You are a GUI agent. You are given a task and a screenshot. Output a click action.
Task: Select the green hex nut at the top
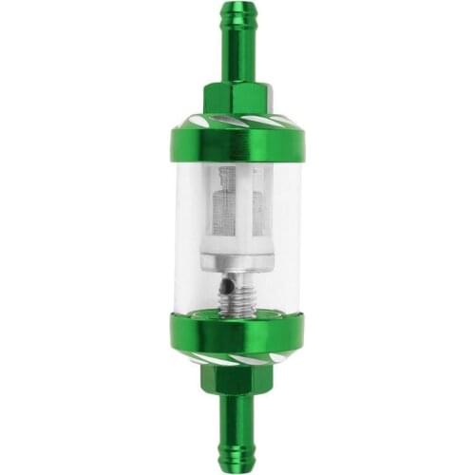tap(237, 99)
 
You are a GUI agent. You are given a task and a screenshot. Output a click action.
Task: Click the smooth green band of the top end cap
tap(237, 142)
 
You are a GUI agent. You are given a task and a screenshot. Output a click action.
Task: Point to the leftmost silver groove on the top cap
tap(190, 122)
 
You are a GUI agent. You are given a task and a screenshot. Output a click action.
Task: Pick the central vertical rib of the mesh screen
tap(237, 204)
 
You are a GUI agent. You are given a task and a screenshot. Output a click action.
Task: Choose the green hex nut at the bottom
tap(237, 376)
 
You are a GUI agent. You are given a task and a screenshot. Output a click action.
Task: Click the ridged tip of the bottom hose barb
tap(237, 450)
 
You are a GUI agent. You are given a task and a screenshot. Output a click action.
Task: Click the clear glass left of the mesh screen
tap(195, 218)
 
